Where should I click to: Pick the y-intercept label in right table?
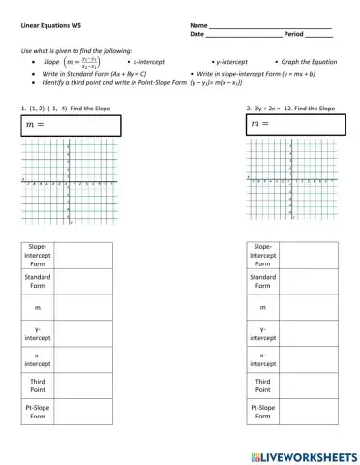point(262,333)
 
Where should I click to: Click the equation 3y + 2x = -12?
point(282,108)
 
